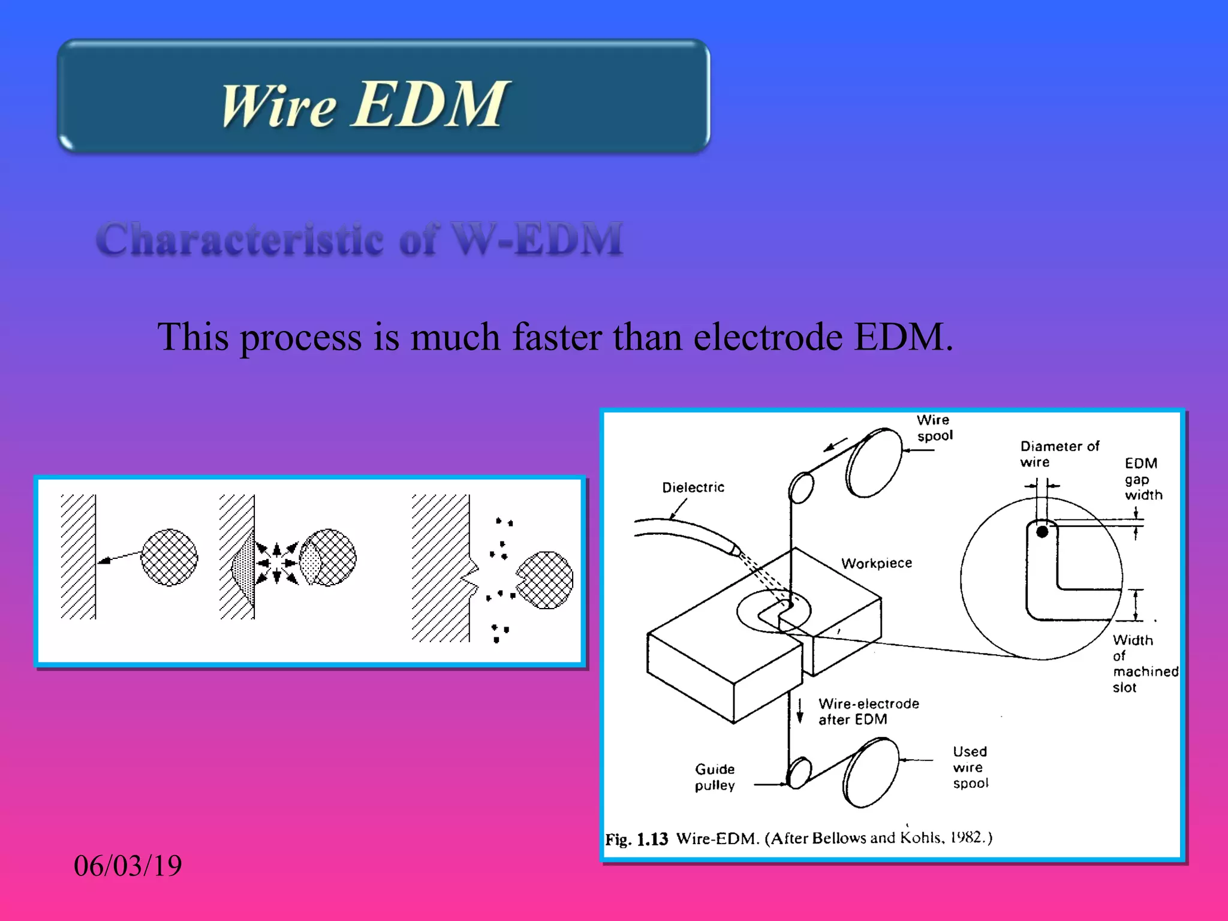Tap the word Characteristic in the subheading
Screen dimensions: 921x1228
240,239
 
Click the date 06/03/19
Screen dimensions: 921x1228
127,866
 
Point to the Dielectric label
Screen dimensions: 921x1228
693,487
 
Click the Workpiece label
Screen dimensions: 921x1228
876,563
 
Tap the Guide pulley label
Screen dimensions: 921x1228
715,777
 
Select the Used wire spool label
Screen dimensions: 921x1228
970,767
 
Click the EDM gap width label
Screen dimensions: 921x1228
1142,479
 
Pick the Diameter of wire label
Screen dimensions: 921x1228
1059,454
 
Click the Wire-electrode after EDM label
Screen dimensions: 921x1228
868,712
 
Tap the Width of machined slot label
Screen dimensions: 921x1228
1143,664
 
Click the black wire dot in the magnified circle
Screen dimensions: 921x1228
1042,532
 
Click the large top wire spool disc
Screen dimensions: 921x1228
874,462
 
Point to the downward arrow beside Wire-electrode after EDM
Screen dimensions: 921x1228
800,711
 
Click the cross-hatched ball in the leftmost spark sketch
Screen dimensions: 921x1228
169,557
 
